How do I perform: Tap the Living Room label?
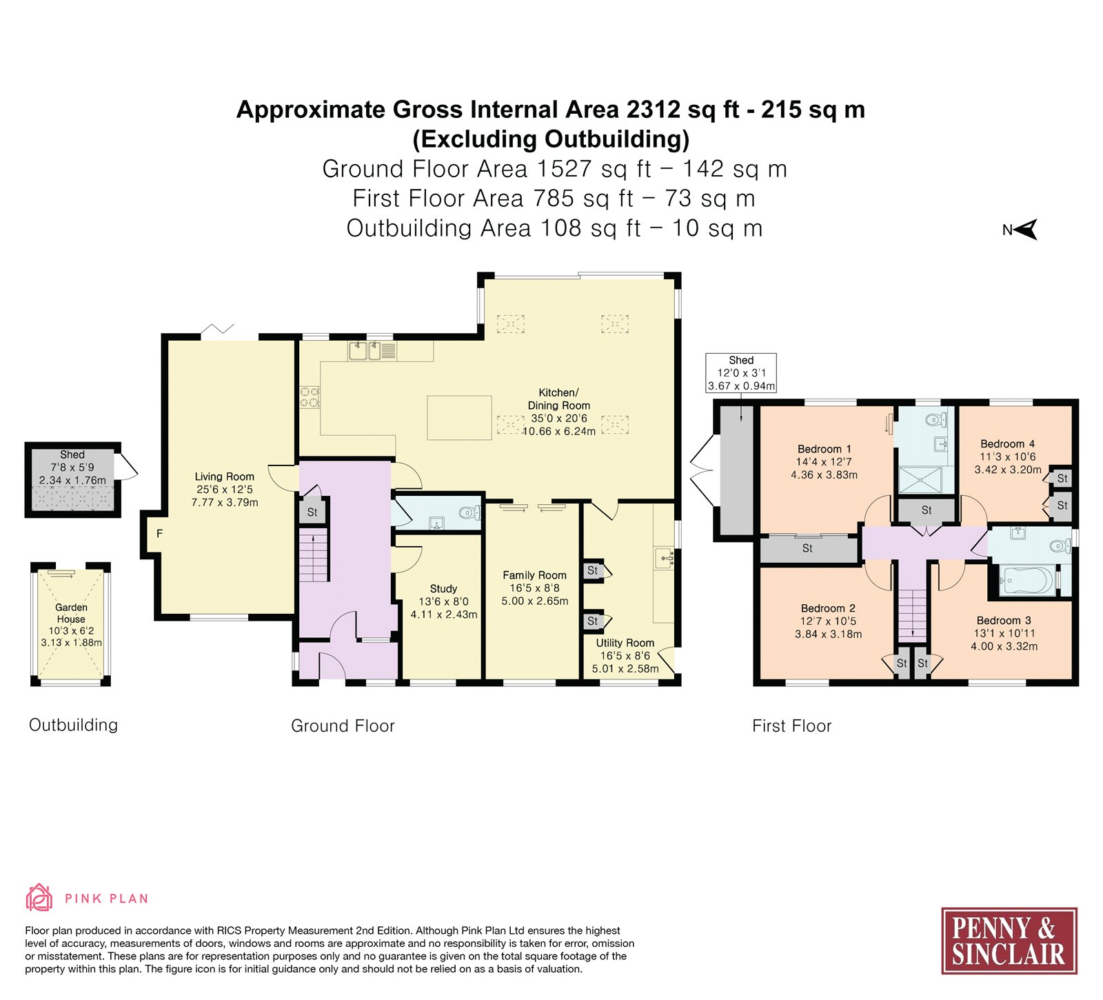coord(224,477)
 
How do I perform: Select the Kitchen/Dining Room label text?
coord(558,399)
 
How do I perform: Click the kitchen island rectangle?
coord(459,418)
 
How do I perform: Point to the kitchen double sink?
coord(372,351)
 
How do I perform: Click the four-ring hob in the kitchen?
coord(309,398)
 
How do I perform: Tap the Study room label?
coord(443,588)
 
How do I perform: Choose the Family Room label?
coord(534,575)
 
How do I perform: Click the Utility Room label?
coord(625,643)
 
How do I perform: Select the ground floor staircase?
coord(314,554)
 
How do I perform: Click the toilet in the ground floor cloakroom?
coord(469,512)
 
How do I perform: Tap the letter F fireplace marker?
coord(159,533)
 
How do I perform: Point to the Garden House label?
coord(71,613)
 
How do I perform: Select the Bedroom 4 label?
coord(1007,444)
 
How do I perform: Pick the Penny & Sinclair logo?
coord(1009,941)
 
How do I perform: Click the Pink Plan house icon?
coord(39,898)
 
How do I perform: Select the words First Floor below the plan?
coord(791,726)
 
